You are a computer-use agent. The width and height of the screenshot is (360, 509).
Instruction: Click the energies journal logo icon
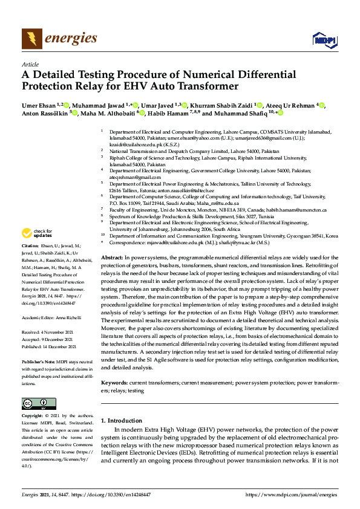[x=32, y=39]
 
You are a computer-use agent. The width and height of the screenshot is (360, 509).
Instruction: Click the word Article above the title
[x=30, y=64]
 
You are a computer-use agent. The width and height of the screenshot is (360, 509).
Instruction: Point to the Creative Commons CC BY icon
[x=34, y=404]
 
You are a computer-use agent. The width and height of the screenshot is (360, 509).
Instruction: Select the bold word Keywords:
[x=114, y=383]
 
